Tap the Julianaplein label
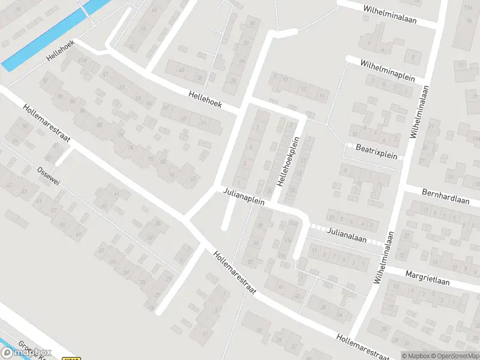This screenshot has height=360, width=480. click(244, 196)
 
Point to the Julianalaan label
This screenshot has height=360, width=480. click(347, 234)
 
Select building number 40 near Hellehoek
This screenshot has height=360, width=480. click(181, 70)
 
